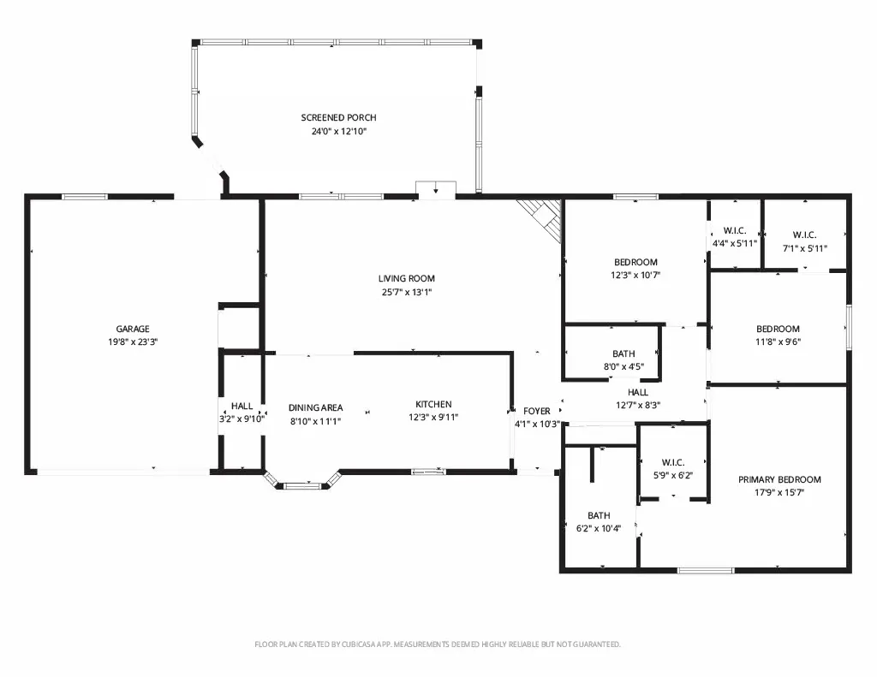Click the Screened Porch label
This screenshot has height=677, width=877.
[338, 117]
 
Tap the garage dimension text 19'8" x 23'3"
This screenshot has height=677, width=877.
[133, 342]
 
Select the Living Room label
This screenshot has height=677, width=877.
[406, 278]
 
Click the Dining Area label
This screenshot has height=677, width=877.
[315, 407]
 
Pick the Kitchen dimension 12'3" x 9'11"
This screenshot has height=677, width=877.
[433, 417]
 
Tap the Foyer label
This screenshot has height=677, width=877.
[536, 411]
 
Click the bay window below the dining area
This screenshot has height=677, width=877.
[302, 481]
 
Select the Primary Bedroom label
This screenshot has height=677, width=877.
[779, 479]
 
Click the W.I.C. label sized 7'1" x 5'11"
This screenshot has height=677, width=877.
[804, 235]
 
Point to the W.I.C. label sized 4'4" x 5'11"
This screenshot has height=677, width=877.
[734, 231]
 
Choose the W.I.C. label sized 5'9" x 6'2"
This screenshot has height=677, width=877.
[673, 462]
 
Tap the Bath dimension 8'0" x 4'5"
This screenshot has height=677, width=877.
[623, 366]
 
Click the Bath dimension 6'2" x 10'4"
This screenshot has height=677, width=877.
[599, 528]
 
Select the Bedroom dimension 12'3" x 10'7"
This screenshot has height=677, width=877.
[635, 275]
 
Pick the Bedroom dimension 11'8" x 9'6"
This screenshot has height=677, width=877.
[778, 342]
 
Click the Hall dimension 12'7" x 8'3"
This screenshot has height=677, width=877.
[637, 406]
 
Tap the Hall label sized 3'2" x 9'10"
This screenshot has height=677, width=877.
[242, 406]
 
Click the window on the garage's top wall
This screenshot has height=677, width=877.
[84, 196]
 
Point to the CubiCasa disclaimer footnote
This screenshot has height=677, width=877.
[438, 644]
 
